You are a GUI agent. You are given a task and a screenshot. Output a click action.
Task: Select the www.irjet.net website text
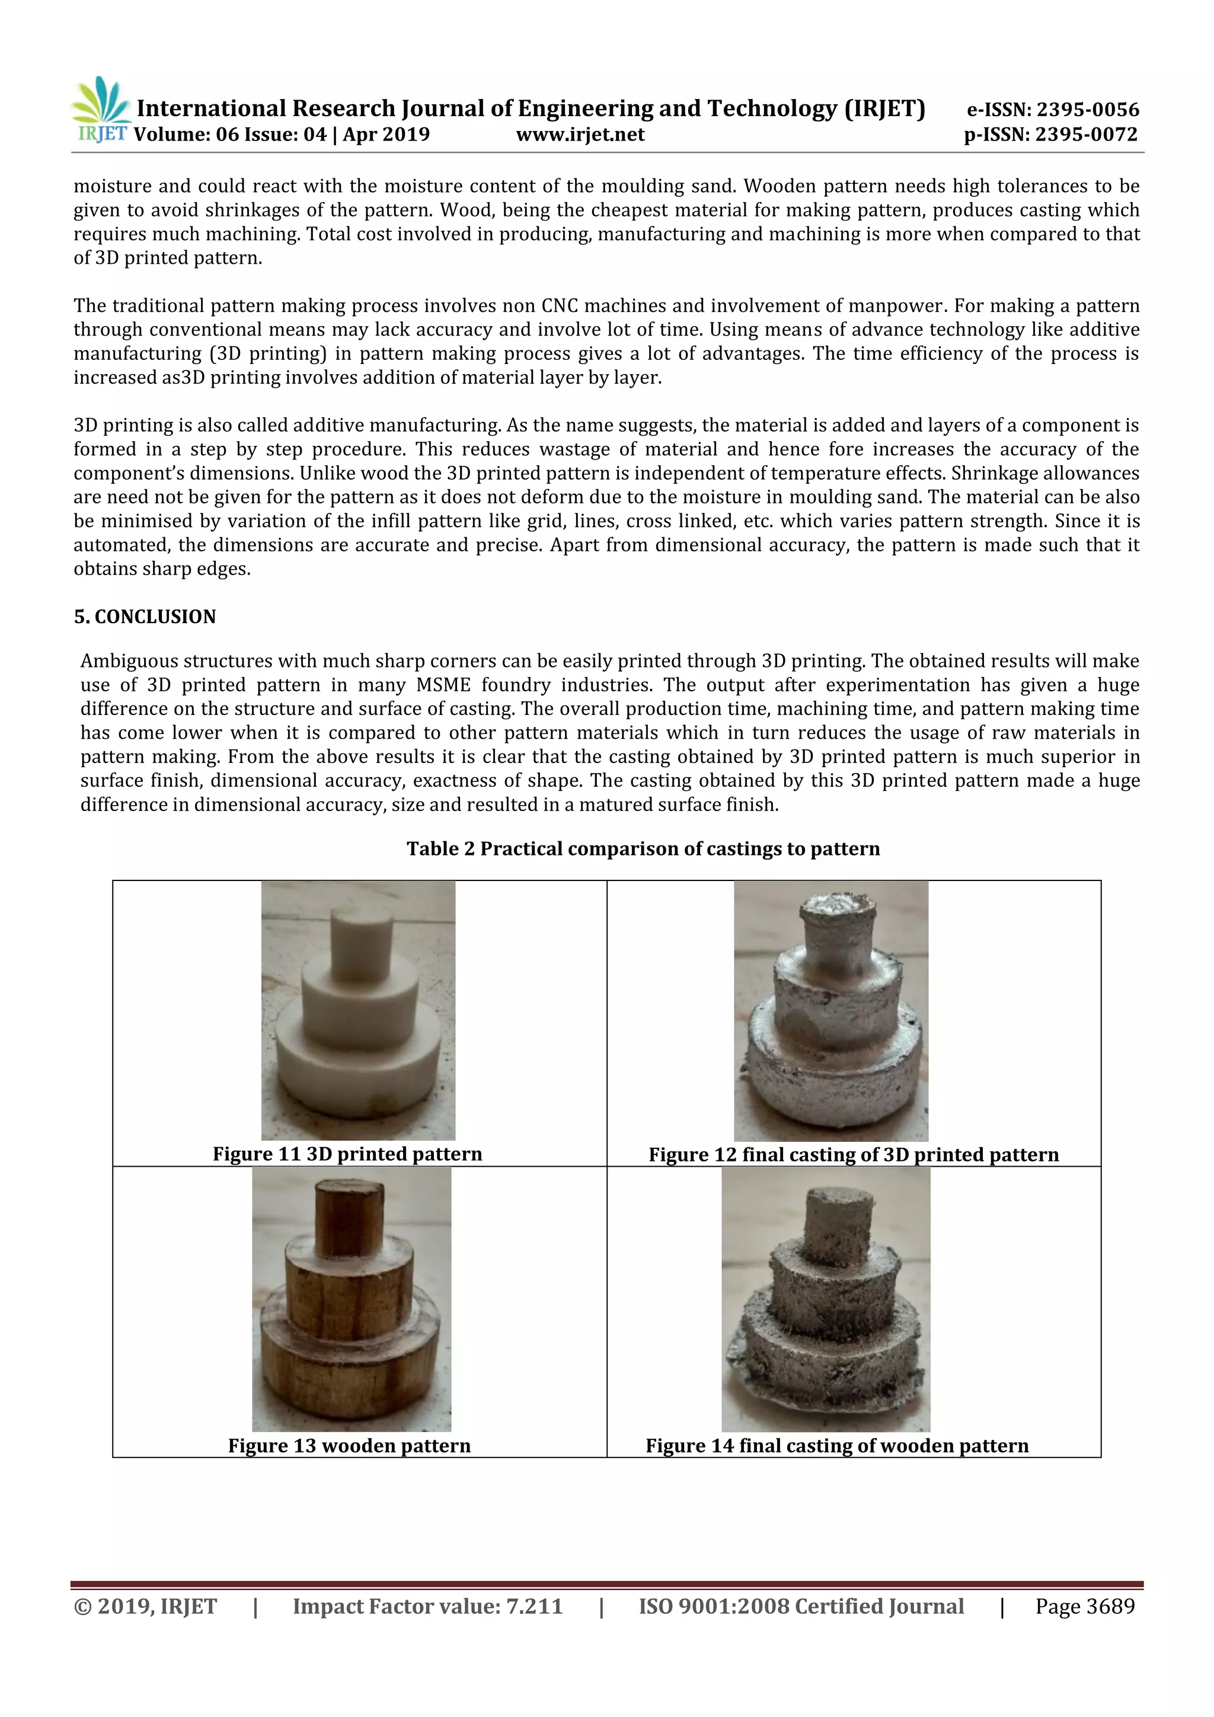580,135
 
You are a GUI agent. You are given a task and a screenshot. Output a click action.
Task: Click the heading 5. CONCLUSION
144,617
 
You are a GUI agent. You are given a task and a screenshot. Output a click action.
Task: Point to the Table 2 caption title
643,849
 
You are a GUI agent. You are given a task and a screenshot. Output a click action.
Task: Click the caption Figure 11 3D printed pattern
347,1154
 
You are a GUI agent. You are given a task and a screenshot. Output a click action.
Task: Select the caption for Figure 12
854,1154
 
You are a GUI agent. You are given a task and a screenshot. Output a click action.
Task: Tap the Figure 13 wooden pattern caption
349,1445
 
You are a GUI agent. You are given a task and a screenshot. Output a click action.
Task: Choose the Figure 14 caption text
837,1445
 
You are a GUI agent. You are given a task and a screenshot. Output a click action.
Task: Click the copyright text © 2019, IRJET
146,1606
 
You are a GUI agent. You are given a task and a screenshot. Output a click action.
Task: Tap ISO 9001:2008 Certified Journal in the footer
801,1606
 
